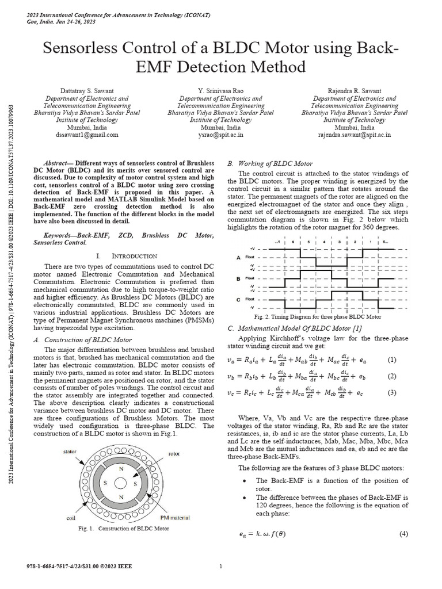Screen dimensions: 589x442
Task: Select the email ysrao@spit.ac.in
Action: click(220, 135)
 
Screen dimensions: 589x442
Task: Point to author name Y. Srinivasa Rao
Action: click(220, 91)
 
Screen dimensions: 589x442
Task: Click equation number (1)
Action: click(392, 360)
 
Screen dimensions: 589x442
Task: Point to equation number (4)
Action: click(403, 534)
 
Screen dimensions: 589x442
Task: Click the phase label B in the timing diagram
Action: click(238, 278)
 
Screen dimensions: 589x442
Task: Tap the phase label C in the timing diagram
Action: click(238, 300)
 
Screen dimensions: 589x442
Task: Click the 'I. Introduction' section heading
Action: click(126, 255)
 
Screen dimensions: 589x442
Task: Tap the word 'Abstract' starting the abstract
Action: click(57, 163)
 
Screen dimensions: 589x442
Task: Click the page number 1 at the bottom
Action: click(221, 567)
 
